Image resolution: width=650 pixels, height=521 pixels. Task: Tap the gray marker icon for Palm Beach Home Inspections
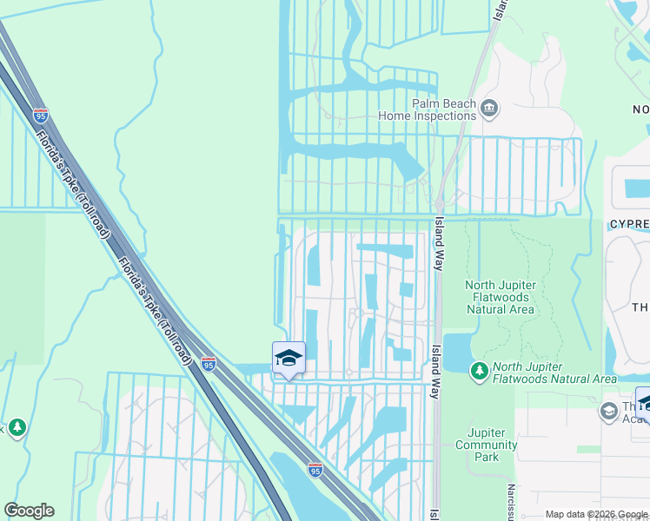tap(489, 109)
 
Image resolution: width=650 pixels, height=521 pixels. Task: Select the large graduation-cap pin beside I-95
tap(289, 359)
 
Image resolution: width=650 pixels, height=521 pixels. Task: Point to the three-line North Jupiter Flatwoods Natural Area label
tap(501, 297)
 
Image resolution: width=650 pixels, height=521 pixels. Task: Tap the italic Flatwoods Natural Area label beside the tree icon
tap(554, 373)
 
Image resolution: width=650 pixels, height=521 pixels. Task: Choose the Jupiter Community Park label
tap(492, 445)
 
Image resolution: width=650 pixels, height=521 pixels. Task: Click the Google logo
tap(29, 511)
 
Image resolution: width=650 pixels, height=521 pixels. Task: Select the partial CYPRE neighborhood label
tap(628, 223)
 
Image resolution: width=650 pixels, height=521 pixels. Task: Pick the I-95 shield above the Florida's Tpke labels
tap(41, 114)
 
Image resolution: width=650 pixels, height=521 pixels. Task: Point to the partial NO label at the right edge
tap(640, 109)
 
